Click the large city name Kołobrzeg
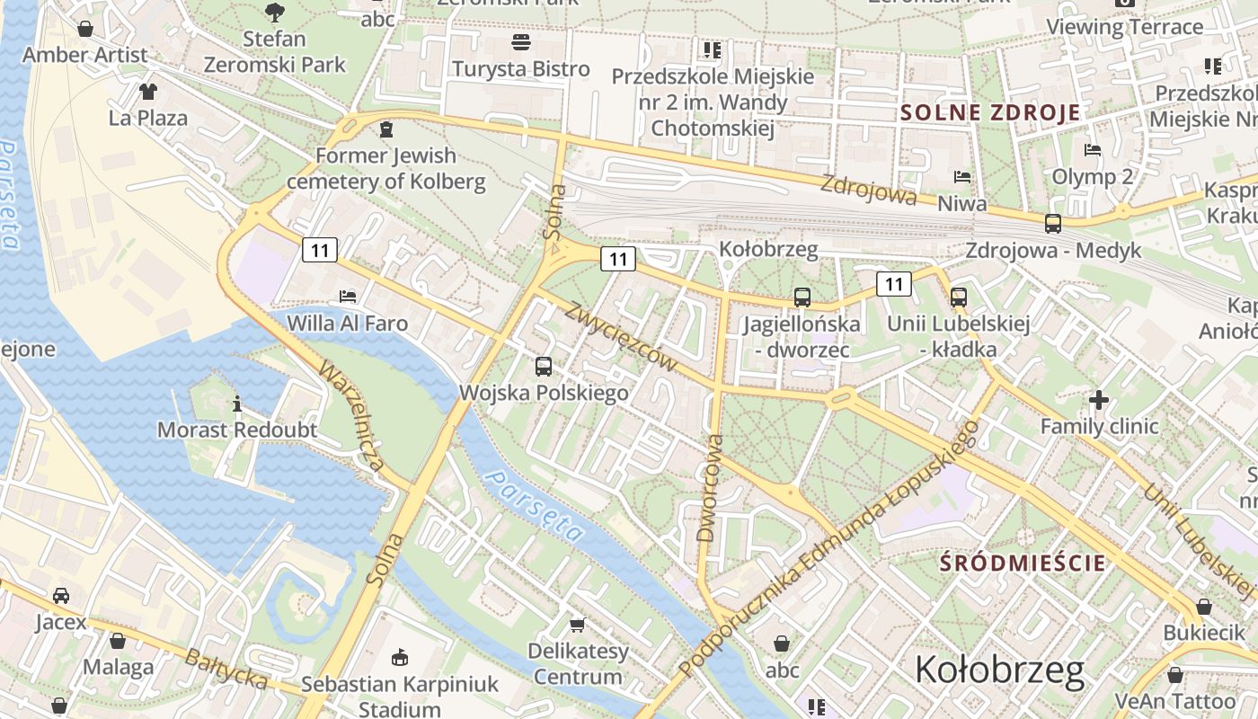[x=999, y=670]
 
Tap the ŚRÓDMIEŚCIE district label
[x=1023, y=564]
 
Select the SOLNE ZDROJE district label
[x=990, y=113]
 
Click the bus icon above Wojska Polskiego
[x=544, y=366]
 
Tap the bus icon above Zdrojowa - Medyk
[x=1052, y=223]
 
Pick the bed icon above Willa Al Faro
[x=348, y=296]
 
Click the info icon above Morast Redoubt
[x=237, y=404]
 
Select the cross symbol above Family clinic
[x=1099, y=399]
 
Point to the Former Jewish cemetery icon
[x=386, y=129]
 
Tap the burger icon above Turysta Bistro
[x=520, y=41]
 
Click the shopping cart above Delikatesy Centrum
[x=577, y=624]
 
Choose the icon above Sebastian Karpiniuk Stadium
[x=400, y=658]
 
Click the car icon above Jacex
[x=61, y=595]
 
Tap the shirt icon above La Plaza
[x=148, y=91]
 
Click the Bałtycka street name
[x=226, y=669]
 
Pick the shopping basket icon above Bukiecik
[x=1203, y=607]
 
